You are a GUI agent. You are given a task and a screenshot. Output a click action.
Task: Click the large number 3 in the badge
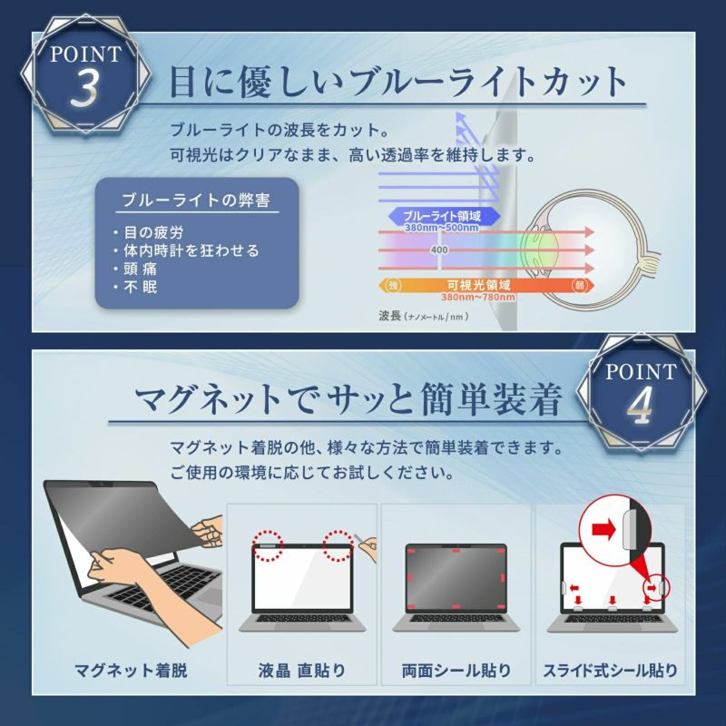click(84, 87)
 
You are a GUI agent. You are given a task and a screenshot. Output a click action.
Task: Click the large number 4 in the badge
click(641, 405)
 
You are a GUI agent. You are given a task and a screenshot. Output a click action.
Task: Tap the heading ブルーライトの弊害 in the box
click(196, 201)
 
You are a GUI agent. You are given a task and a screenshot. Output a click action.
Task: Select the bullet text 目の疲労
click(153, 232)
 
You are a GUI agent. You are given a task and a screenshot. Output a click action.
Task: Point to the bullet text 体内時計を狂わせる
click(191, 250)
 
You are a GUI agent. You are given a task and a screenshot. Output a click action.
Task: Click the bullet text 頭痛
click(141, 269)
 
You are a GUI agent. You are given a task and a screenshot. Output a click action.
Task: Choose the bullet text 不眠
click(141, 287)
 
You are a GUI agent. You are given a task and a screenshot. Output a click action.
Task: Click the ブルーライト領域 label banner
click(444, 216)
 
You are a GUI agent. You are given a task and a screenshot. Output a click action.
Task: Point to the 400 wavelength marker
click(439, 250)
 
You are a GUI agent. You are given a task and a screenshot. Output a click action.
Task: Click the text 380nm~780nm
click(478, 298)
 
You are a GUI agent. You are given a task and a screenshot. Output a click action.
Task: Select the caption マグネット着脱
click(131, 670)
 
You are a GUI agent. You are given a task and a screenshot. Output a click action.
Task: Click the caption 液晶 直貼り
click(301, 670)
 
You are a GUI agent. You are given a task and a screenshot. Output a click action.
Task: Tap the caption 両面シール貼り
click(456, 670)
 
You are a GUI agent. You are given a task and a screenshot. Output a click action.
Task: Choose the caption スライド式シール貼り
click(610, 670)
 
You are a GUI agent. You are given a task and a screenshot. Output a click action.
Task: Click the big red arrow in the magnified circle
click(603, 529)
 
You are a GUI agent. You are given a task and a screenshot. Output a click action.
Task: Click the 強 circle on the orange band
click(393, 286)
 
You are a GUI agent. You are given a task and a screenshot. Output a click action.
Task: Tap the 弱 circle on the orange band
click(579, 286)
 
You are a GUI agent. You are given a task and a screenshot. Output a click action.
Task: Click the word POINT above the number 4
click(641, 371)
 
